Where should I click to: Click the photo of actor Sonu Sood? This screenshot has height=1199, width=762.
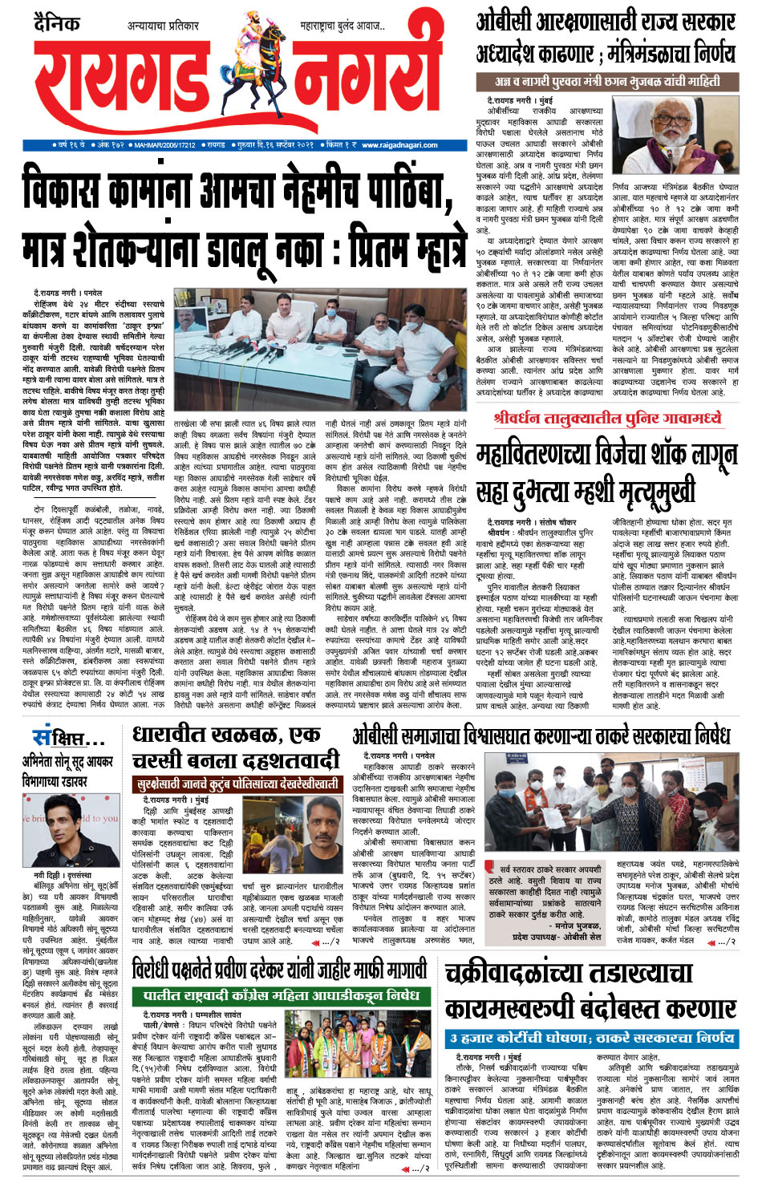70,831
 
